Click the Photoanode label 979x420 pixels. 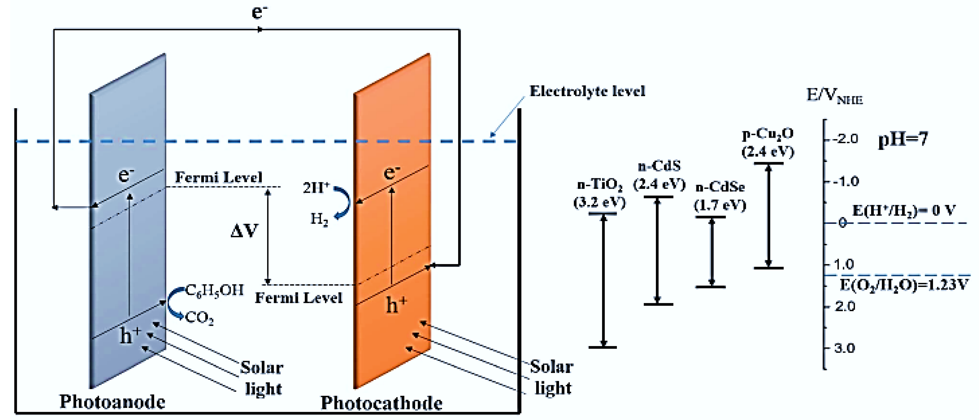pyautogui.click(x=112, y=402)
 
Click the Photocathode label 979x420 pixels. pyautogui.click(x=381, y=403)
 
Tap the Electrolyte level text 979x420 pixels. pyautogui.click(x=587, y=91)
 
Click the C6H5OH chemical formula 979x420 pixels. pyautogui.click(x=214, y=290)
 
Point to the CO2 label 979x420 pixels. pyautogui.click(x=199, y=318)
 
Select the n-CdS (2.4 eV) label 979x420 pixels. pyautogui.click(x=659, y=175)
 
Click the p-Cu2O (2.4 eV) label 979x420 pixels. pyautogui.click(x=768, y=142)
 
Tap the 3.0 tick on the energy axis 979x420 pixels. pyautogui.click(x=844, y=348)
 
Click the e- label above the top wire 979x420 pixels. pyautogui.click(x=260, y=11)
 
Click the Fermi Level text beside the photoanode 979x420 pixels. pyautogui.click(x=219, y=177)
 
